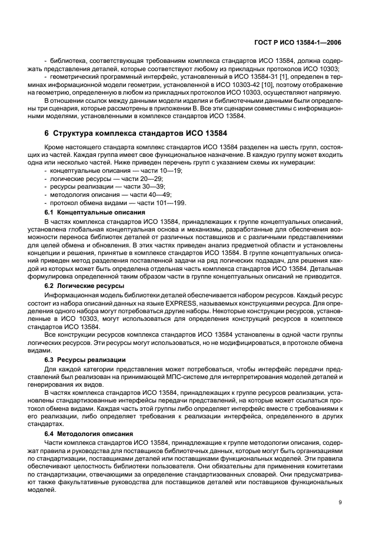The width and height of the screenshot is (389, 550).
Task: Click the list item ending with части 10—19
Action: tap(92, 169)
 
